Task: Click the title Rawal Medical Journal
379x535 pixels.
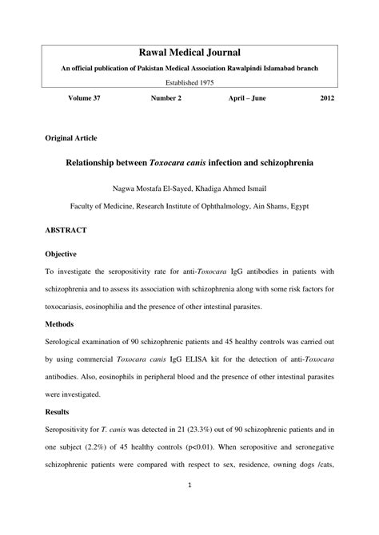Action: (x=189, y=52)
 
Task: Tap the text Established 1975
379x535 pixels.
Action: (x=189, y=82)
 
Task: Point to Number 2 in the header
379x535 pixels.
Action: (x=166, y=98)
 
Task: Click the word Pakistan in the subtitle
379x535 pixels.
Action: (x=159, y=68)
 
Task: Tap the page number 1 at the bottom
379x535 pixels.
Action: (x=189, y=506)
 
